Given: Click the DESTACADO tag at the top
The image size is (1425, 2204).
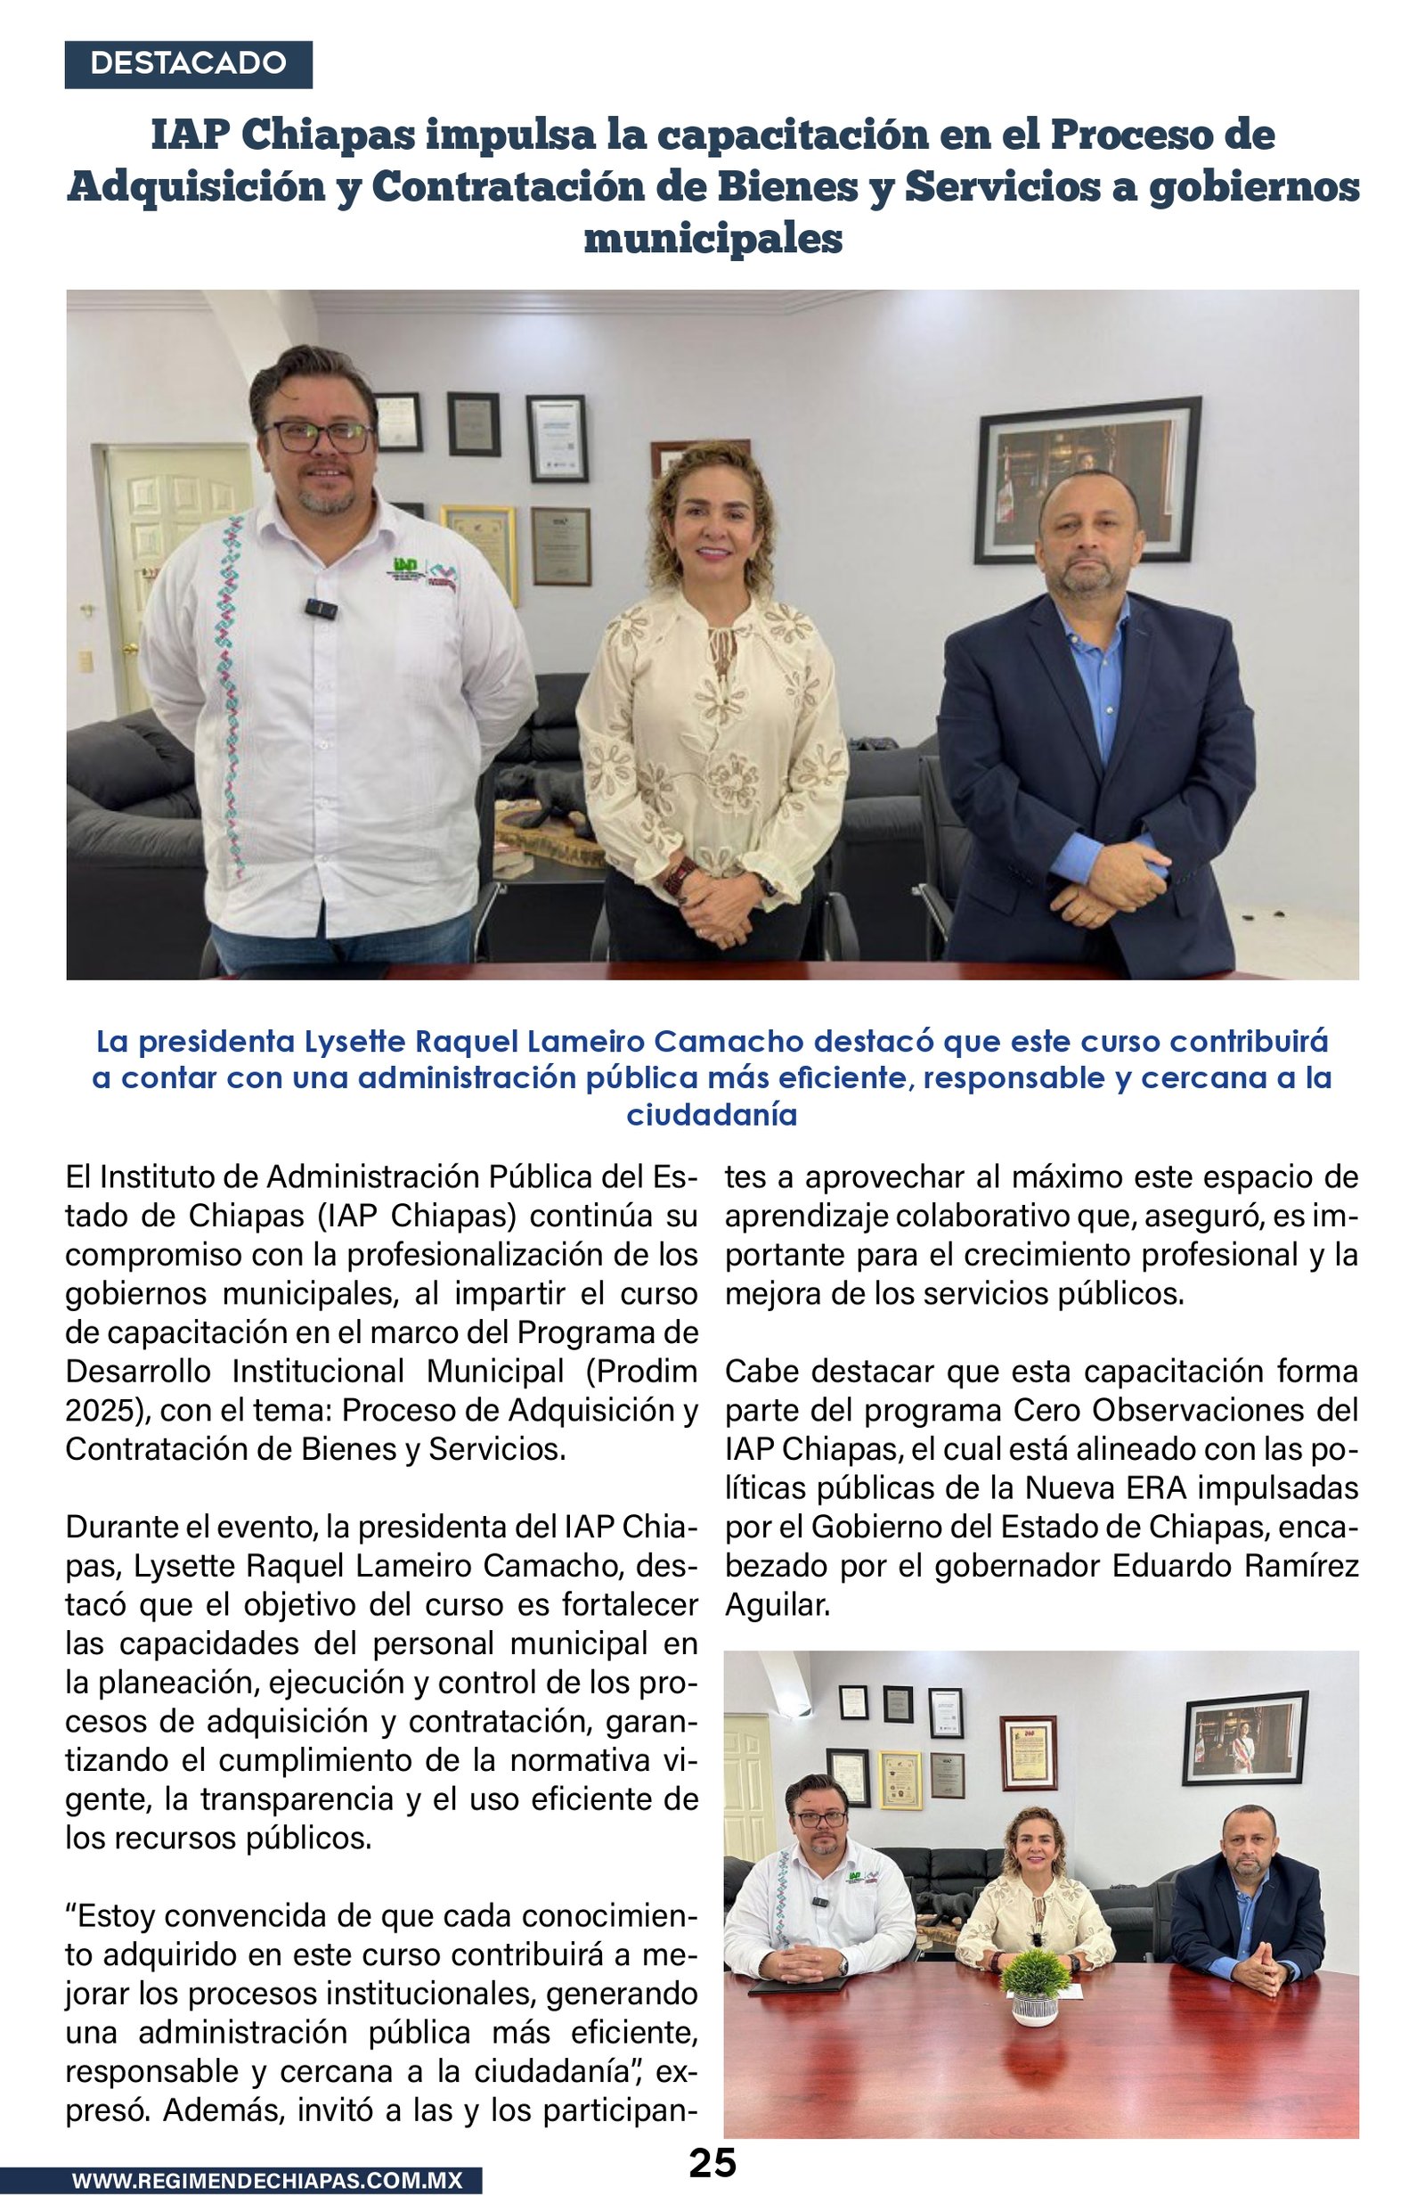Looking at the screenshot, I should click(x=188, y=64).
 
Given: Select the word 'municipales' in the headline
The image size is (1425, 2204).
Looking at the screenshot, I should click(x=712, y=239).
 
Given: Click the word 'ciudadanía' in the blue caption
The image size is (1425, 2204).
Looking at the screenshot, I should click(x=712, y=1115).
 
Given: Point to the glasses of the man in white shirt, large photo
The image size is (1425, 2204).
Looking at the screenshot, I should click(x=317, y=436).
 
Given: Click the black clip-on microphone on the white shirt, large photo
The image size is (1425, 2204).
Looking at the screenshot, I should click(x=319, y=608).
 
